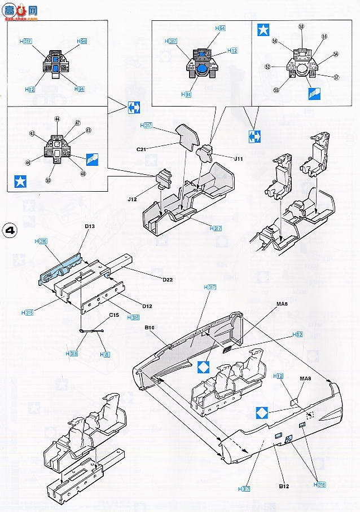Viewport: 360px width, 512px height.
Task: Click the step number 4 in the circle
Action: pos(10,231)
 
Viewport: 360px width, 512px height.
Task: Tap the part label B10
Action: pos(149,327)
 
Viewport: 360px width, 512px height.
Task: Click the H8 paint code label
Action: pos(105,354)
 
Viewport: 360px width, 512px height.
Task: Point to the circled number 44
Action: pos(56,120)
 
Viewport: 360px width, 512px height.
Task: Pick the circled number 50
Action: pos(49,180)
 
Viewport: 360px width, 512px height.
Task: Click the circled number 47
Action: pos(78,122)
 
